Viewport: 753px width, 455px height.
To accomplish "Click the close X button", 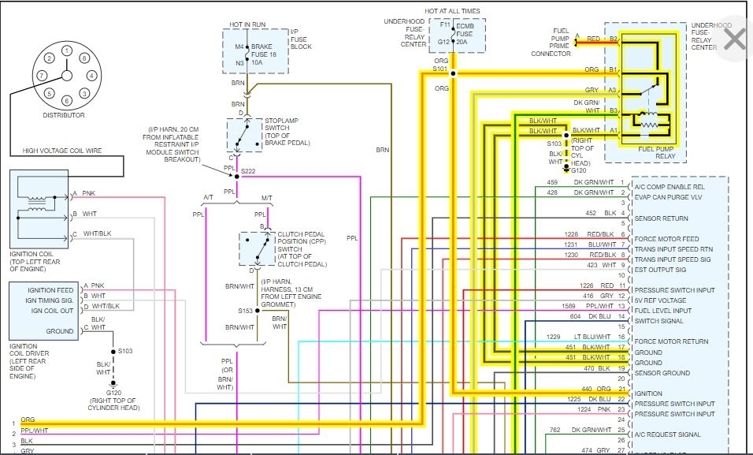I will click(x=734, y=39).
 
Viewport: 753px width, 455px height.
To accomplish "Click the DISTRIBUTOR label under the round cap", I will click(x=64, y=116).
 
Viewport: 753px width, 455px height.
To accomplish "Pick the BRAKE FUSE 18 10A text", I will click(x=265, y=55).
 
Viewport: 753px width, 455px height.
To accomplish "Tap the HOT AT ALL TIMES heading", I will click(x=452, y=11).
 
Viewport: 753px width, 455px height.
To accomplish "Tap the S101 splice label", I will click(x=440, y=69).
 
